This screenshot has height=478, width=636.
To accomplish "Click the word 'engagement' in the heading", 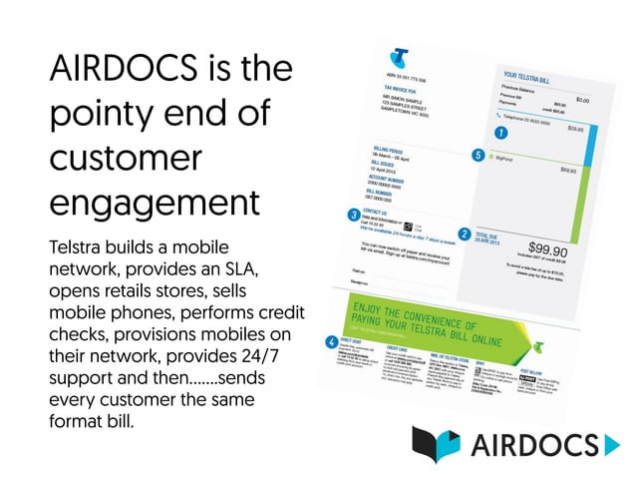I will (x=154, y=201).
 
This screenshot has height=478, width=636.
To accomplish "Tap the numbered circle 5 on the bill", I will (x=478, y=156).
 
